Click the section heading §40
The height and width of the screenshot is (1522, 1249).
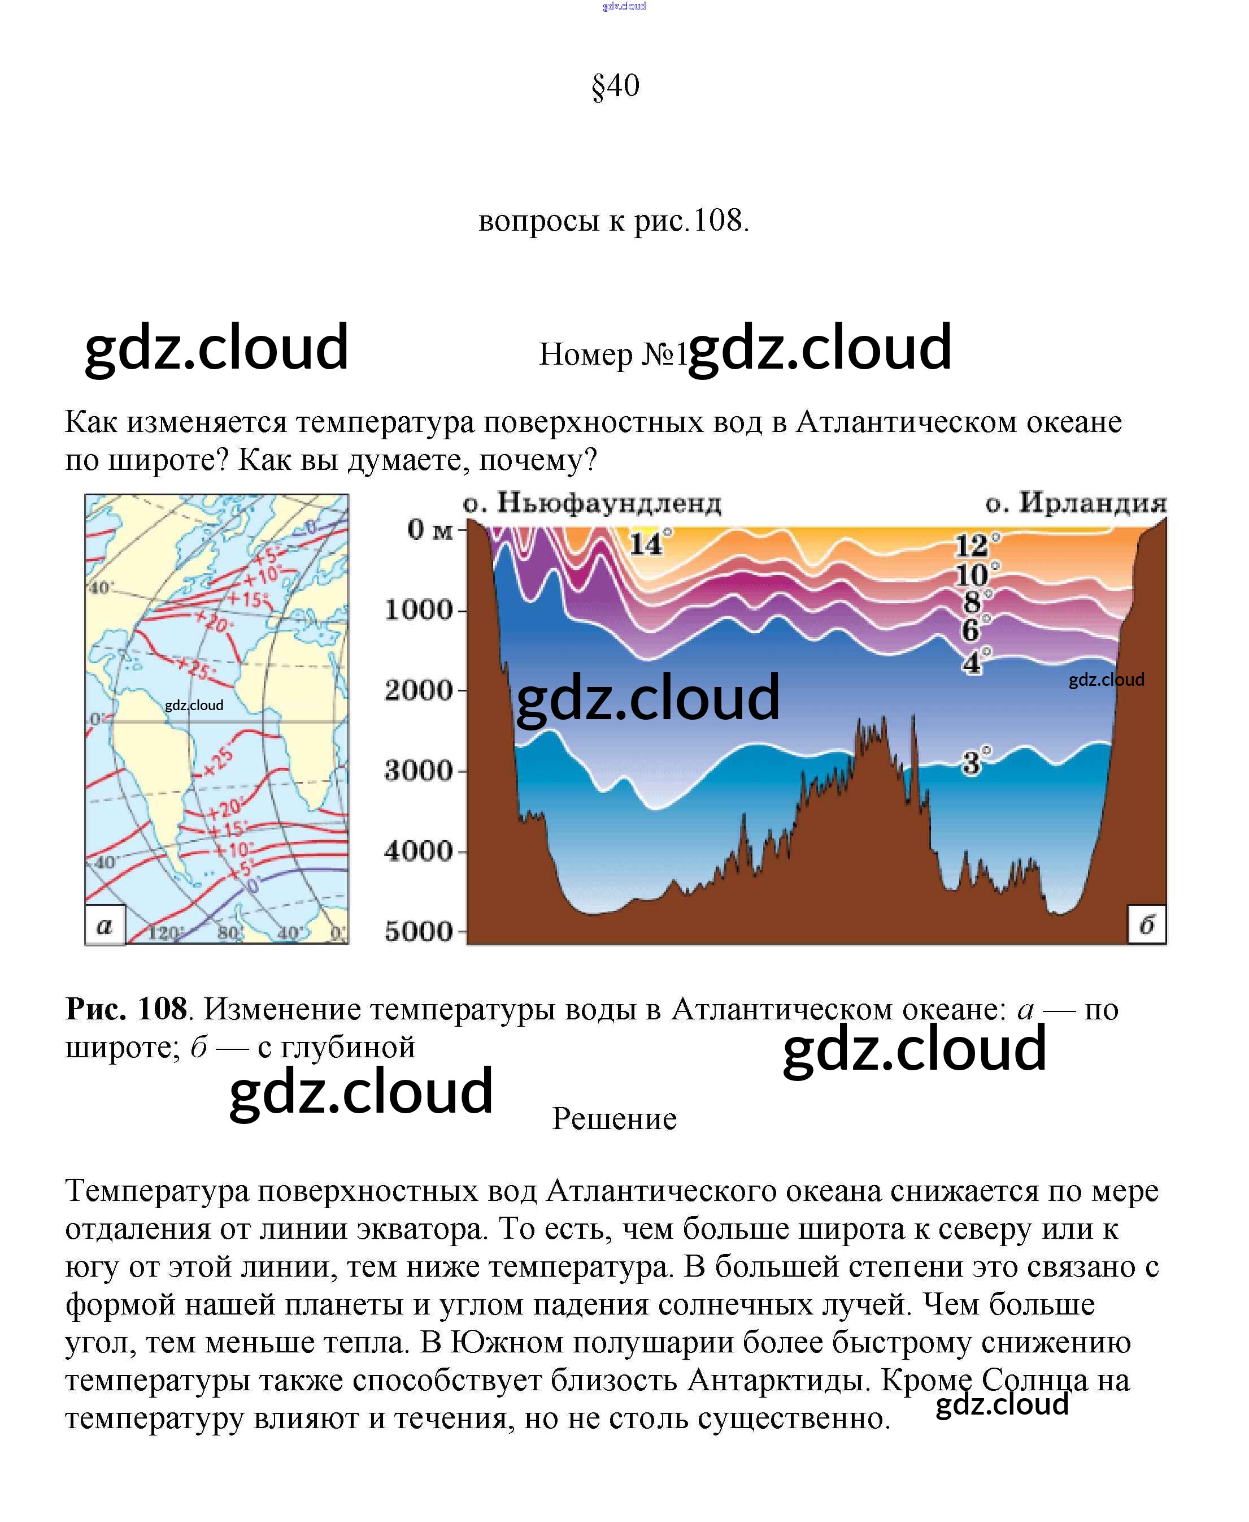pos(615,87)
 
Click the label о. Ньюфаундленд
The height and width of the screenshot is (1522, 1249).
pos(591,503)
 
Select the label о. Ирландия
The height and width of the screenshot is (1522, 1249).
pos(1076,503)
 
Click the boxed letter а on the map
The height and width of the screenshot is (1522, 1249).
pos(105,925)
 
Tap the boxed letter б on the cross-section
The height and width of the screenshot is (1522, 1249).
pos(1147,925)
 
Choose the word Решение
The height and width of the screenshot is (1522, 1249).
pos(615,1119)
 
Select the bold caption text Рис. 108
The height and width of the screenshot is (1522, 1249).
pos(127,1009)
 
